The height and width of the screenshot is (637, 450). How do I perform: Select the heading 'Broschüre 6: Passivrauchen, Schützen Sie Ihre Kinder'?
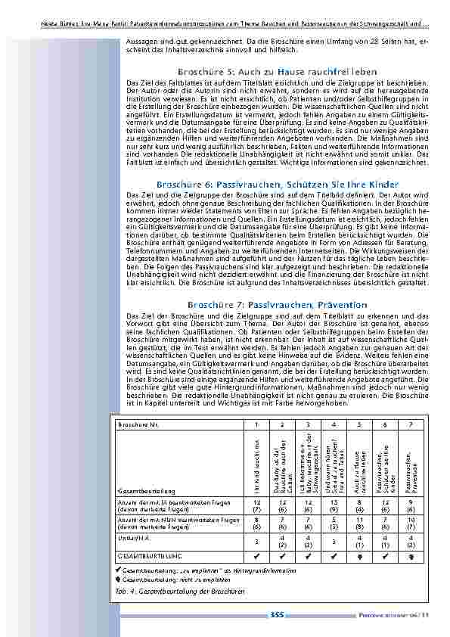pyautogui.click(x=277, y=185)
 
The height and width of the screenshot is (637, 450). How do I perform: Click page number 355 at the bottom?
pyautogui.click(x=277, y=615)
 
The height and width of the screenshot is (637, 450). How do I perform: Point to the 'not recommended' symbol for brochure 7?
pyautogui.click(x=410, y=555)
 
